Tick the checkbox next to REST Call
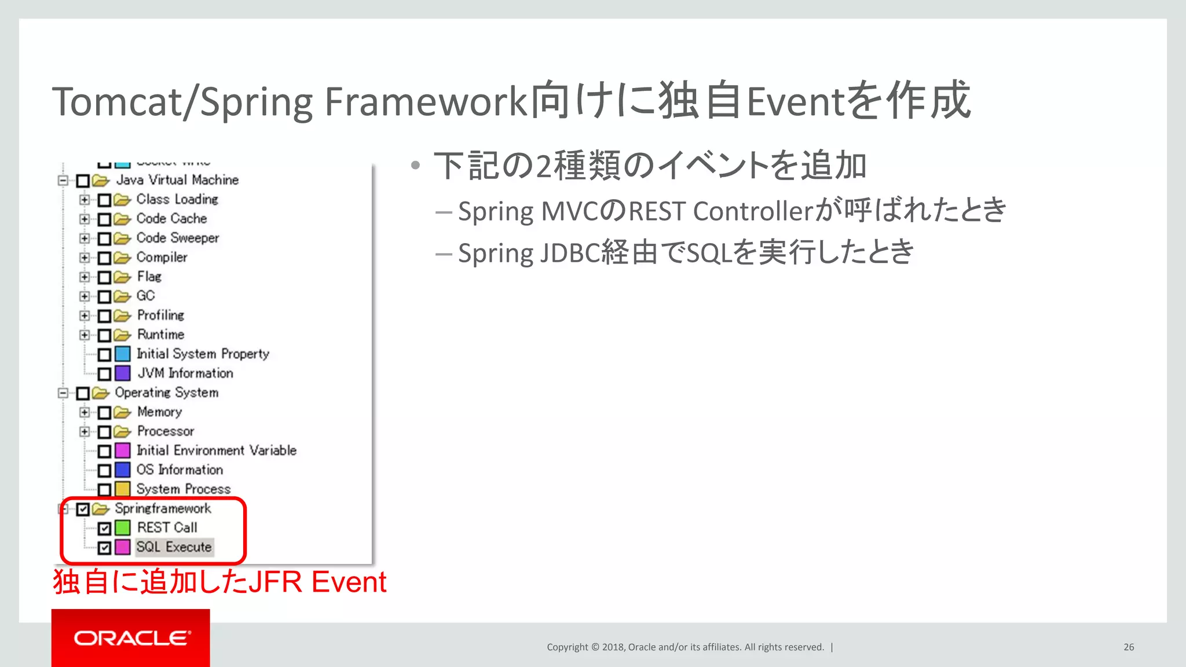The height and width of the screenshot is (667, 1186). pyautogui.click(x=104, y=528)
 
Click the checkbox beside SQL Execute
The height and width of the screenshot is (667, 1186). pyautogui.click(x=104, y=548)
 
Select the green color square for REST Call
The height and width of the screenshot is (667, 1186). pyautogui.click(x=122, y=528)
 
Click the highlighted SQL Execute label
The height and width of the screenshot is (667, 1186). pyautogui.click(x=174, y=547)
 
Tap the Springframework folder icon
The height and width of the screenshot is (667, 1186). pyautogui.click(x=101, y=509)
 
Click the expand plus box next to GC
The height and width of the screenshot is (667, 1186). pyautogui.click(x=85, y=296)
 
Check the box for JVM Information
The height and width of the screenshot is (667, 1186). pyautogui.click(x=104, y=374)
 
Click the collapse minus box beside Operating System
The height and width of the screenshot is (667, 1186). pyautogui.click(x=63, y=393)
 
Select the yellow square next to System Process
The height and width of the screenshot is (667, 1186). pyautogui.click(x=122, y=489)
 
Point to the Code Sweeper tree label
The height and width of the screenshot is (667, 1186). pyautogui.click(x=178, y=238)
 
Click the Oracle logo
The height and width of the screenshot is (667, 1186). pyautogui.click(x=131, y=638)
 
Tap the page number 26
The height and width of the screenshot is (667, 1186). pyautogui.click(x=1129, y=647)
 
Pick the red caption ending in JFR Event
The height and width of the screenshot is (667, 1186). pyautogui.click(x=219, y=582)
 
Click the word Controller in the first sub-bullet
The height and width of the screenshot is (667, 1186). pyautogui.click(x=753, y=211)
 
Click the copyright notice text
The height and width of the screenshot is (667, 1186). pyautogui.click(x=685, y=647)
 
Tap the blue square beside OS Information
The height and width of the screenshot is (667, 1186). pyautogui.click(x=122, y=470)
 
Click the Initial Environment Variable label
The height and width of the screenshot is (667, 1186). pyautogui.click(x=216, y=450)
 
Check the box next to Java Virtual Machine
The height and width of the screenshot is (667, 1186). pyautogui.click(x=83, y=181)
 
